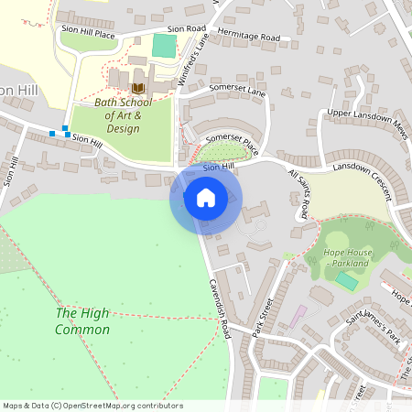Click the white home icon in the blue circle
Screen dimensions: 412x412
click(x=205, y=198)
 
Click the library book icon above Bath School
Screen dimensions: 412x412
click(x=137, y=88)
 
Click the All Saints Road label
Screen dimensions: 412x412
click(x=299, y=193)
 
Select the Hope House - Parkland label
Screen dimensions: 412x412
click(x=346, y=256)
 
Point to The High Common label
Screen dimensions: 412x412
click(x=82, y=320)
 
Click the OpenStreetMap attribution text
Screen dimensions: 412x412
click(x=92, y=406)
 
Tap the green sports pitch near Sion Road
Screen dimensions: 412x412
click(x=164, y=46)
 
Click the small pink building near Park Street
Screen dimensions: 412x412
click(x=298, y=317)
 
